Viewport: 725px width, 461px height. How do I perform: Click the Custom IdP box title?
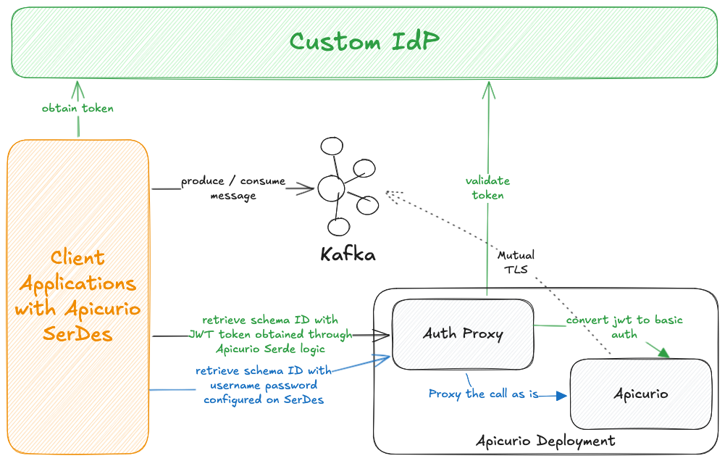coord(364,41)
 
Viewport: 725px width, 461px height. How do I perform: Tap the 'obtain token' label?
coord(77,108)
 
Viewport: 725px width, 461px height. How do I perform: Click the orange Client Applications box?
coord(77,297)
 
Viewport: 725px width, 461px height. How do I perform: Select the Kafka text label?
coord(348,255)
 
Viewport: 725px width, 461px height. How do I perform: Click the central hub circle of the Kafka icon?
coord(331,188)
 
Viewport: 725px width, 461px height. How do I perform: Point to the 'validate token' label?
coord(487,188)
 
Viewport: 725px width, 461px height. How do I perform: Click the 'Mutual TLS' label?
coord(516,262)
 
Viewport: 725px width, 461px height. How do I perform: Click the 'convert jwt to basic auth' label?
coord(624,327)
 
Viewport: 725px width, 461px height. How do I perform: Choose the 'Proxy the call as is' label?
coord(483,394)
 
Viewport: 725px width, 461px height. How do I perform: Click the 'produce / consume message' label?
coord(233,188)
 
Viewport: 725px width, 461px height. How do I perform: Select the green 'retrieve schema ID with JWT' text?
coord(269,334)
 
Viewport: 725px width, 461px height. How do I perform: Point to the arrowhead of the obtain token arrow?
coord(77,88)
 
